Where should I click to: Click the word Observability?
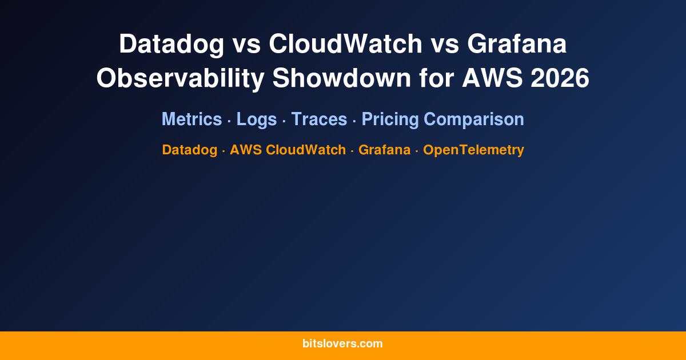point(180,78)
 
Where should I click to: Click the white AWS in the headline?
point(492,78)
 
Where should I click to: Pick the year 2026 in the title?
point(560,78)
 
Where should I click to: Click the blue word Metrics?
point(192,119)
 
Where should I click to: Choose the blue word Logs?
point(257,119)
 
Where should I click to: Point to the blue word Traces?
point(319,119)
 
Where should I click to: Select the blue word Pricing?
point(390,119)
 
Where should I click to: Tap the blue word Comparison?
point(474,119)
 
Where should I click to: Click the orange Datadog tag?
point(189,150)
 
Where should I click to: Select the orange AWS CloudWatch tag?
point(288,150)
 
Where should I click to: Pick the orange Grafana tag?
point(384,150)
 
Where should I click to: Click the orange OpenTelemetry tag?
point(473,150)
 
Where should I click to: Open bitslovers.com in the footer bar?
point(342,344)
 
